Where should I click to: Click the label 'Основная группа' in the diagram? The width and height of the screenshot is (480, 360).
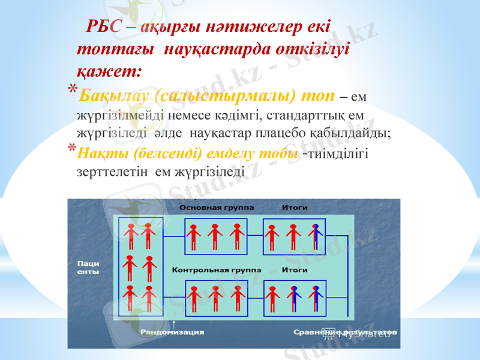[x=217, y=208]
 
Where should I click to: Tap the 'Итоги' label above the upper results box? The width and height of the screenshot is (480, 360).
[x=295, y=208]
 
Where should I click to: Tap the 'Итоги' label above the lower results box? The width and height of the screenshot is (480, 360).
[x=295, y=270]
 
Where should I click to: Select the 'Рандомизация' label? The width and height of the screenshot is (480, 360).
[x=173, y=332]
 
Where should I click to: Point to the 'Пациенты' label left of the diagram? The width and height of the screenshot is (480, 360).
[x=88, y=268]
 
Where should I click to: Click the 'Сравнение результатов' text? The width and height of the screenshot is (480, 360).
[x=344, y=332]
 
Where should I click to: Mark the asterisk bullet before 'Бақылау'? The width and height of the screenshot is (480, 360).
[x=71, y=90]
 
